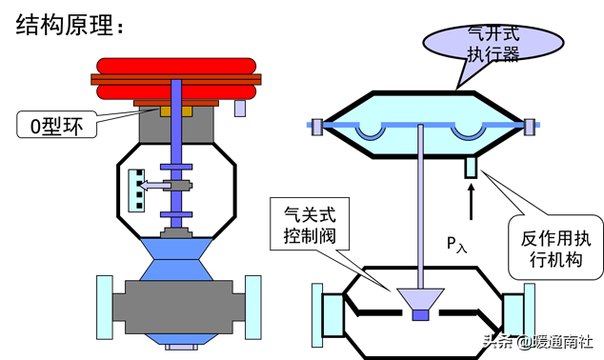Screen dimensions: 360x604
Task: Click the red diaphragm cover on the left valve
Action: point(178,80)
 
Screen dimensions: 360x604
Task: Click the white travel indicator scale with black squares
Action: point(138,188)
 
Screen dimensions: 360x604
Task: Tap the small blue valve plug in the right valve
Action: point(420,314)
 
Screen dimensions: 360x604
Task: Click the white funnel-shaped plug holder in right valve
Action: point(420,298)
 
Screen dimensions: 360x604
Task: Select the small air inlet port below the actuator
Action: point(471,169)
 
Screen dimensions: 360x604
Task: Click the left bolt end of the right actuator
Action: point(314,124)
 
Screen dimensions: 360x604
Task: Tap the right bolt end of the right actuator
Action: point(529,124)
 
